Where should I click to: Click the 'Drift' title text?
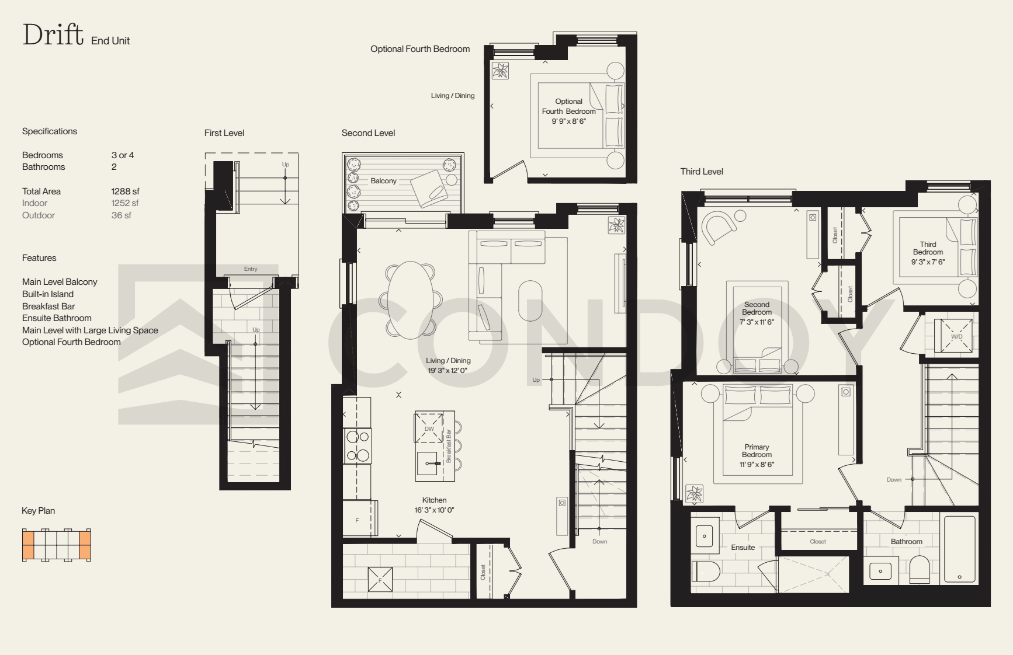(x=53, y=34)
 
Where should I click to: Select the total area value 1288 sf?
(x=125, y=191)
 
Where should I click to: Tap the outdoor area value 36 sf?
(x=121, y=215)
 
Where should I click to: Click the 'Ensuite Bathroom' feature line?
(x=57, y=318)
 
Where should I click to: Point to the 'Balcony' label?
(x=383, y=181)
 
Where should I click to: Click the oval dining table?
(x=411, y=300)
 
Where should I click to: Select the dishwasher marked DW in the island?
(x=429, y=428)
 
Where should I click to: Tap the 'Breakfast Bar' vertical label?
(x=449, y=446)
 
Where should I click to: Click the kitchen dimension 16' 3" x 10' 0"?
(x=434, y=510)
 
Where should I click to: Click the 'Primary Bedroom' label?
(x=757, y=451)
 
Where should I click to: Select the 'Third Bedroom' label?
(x=928, y=248)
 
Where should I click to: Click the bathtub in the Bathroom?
(x=960, y=549)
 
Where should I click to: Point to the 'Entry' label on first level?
(x=251, y=269)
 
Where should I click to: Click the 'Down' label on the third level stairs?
(x=894, y=480)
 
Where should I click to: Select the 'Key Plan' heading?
(x=38, y=511)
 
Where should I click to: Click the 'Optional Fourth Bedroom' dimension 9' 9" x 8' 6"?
(x=568, y=121)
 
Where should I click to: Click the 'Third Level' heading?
(x=702, y=172)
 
